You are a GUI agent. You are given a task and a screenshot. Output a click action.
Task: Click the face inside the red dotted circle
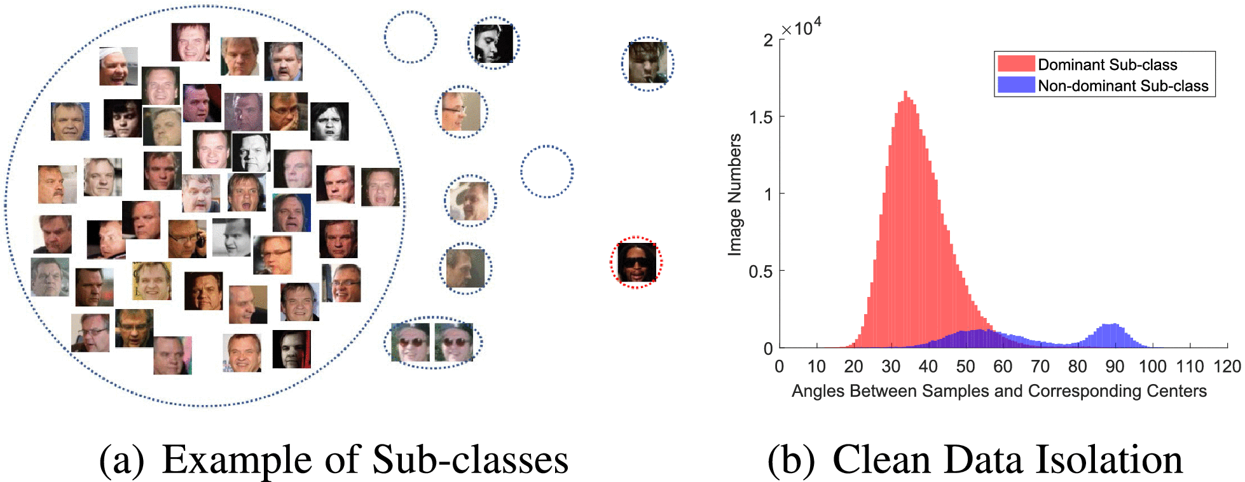[x=636, y=262]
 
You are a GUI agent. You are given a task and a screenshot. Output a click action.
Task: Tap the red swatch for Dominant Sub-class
[x=1016, y=64]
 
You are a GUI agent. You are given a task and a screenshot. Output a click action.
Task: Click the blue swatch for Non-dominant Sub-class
[x=1016, y=85]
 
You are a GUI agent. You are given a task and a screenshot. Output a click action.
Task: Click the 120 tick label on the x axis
[x=1227, y=366]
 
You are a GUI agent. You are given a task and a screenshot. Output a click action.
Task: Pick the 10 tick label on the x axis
[x=816, y=366]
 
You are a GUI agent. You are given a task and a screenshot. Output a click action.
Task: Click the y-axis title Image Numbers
[x=735, y=195]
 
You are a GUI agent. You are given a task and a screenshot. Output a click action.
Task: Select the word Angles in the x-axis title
[x=815, y=391]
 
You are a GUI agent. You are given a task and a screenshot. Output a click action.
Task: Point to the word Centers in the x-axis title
[x=1181, y=390]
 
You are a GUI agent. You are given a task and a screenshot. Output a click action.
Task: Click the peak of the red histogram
[x=905, y=92]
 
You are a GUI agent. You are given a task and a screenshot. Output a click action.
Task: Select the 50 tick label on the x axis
[x=965, y=366]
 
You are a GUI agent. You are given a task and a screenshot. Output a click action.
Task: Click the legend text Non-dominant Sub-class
[x=1123, y=85]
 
